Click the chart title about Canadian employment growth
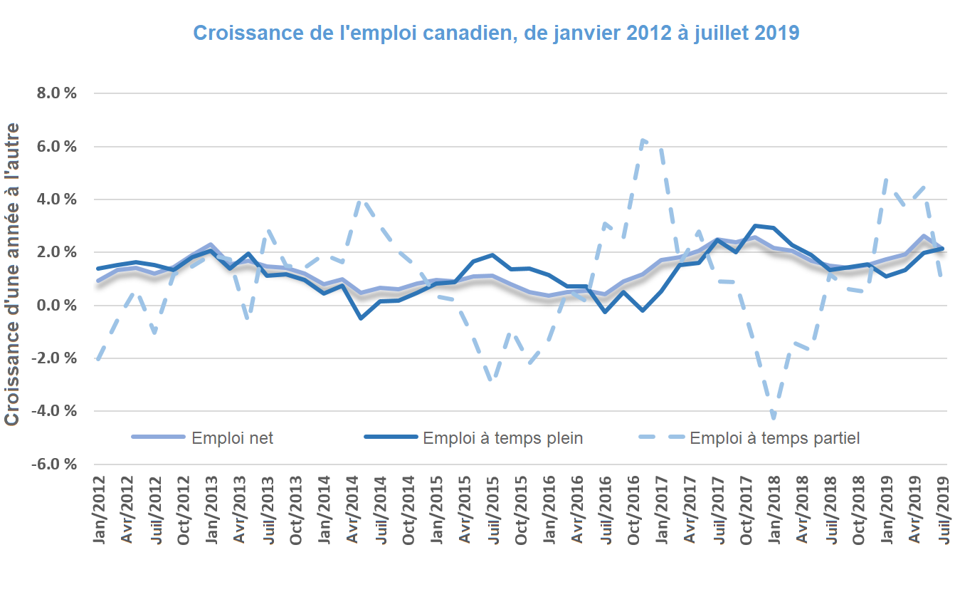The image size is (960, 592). click(496, 33)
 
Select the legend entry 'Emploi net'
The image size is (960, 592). click(232, 438)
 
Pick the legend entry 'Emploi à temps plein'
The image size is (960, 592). click(502, 438)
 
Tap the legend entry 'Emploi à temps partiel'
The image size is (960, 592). click(774, 438)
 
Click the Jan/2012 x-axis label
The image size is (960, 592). click(100, 512)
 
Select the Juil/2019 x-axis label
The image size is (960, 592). click(945, 511)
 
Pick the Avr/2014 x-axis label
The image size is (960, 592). click(352, 512)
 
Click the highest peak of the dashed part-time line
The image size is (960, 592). click(643, 140)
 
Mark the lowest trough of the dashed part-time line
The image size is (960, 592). click(774, 417)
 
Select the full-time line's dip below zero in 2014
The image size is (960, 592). click(361, 318)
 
